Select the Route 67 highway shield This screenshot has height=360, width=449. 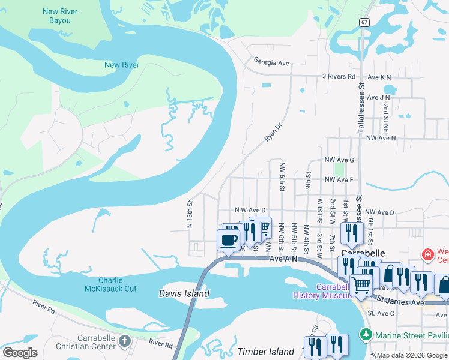364,22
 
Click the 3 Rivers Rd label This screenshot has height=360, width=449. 339,77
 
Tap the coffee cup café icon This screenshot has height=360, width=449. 228,241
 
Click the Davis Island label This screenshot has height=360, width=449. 184,293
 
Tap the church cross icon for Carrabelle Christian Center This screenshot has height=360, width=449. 124,341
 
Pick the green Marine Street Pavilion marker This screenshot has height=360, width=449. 364,334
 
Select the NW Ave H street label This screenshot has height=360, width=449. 381,138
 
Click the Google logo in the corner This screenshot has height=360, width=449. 20,352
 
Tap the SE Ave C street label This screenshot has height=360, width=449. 382,313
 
